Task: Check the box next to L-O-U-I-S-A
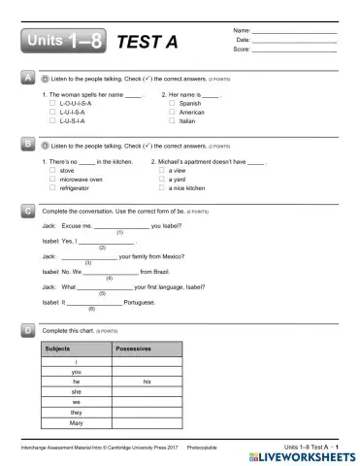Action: [52, 102]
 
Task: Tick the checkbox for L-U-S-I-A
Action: [52, 121]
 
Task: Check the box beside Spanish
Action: [173, 102]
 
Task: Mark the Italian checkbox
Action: [173, 121]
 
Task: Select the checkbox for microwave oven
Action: [52, 179]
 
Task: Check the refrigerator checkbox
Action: [52, 188]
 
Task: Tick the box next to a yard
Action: [159, 179]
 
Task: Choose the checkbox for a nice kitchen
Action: [159, 188]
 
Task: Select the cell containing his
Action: [147, 382]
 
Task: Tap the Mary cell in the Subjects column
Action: [77, 423]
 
